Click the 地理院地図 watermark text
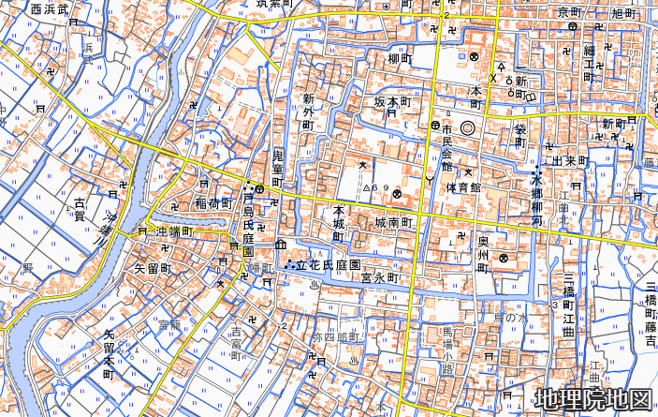(x=592, y=399)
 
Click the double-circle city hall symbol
(x=467, y=127)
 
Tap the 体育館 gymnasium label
(x=462, y=187)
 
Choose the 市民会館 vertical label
(x=447, y=141)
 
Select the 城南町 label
(x=393, y=223)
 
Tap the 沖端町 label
(x=173, y=231)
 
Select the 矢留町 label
(x=154, y=268)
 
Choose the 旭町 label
(x=622, y=12)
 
